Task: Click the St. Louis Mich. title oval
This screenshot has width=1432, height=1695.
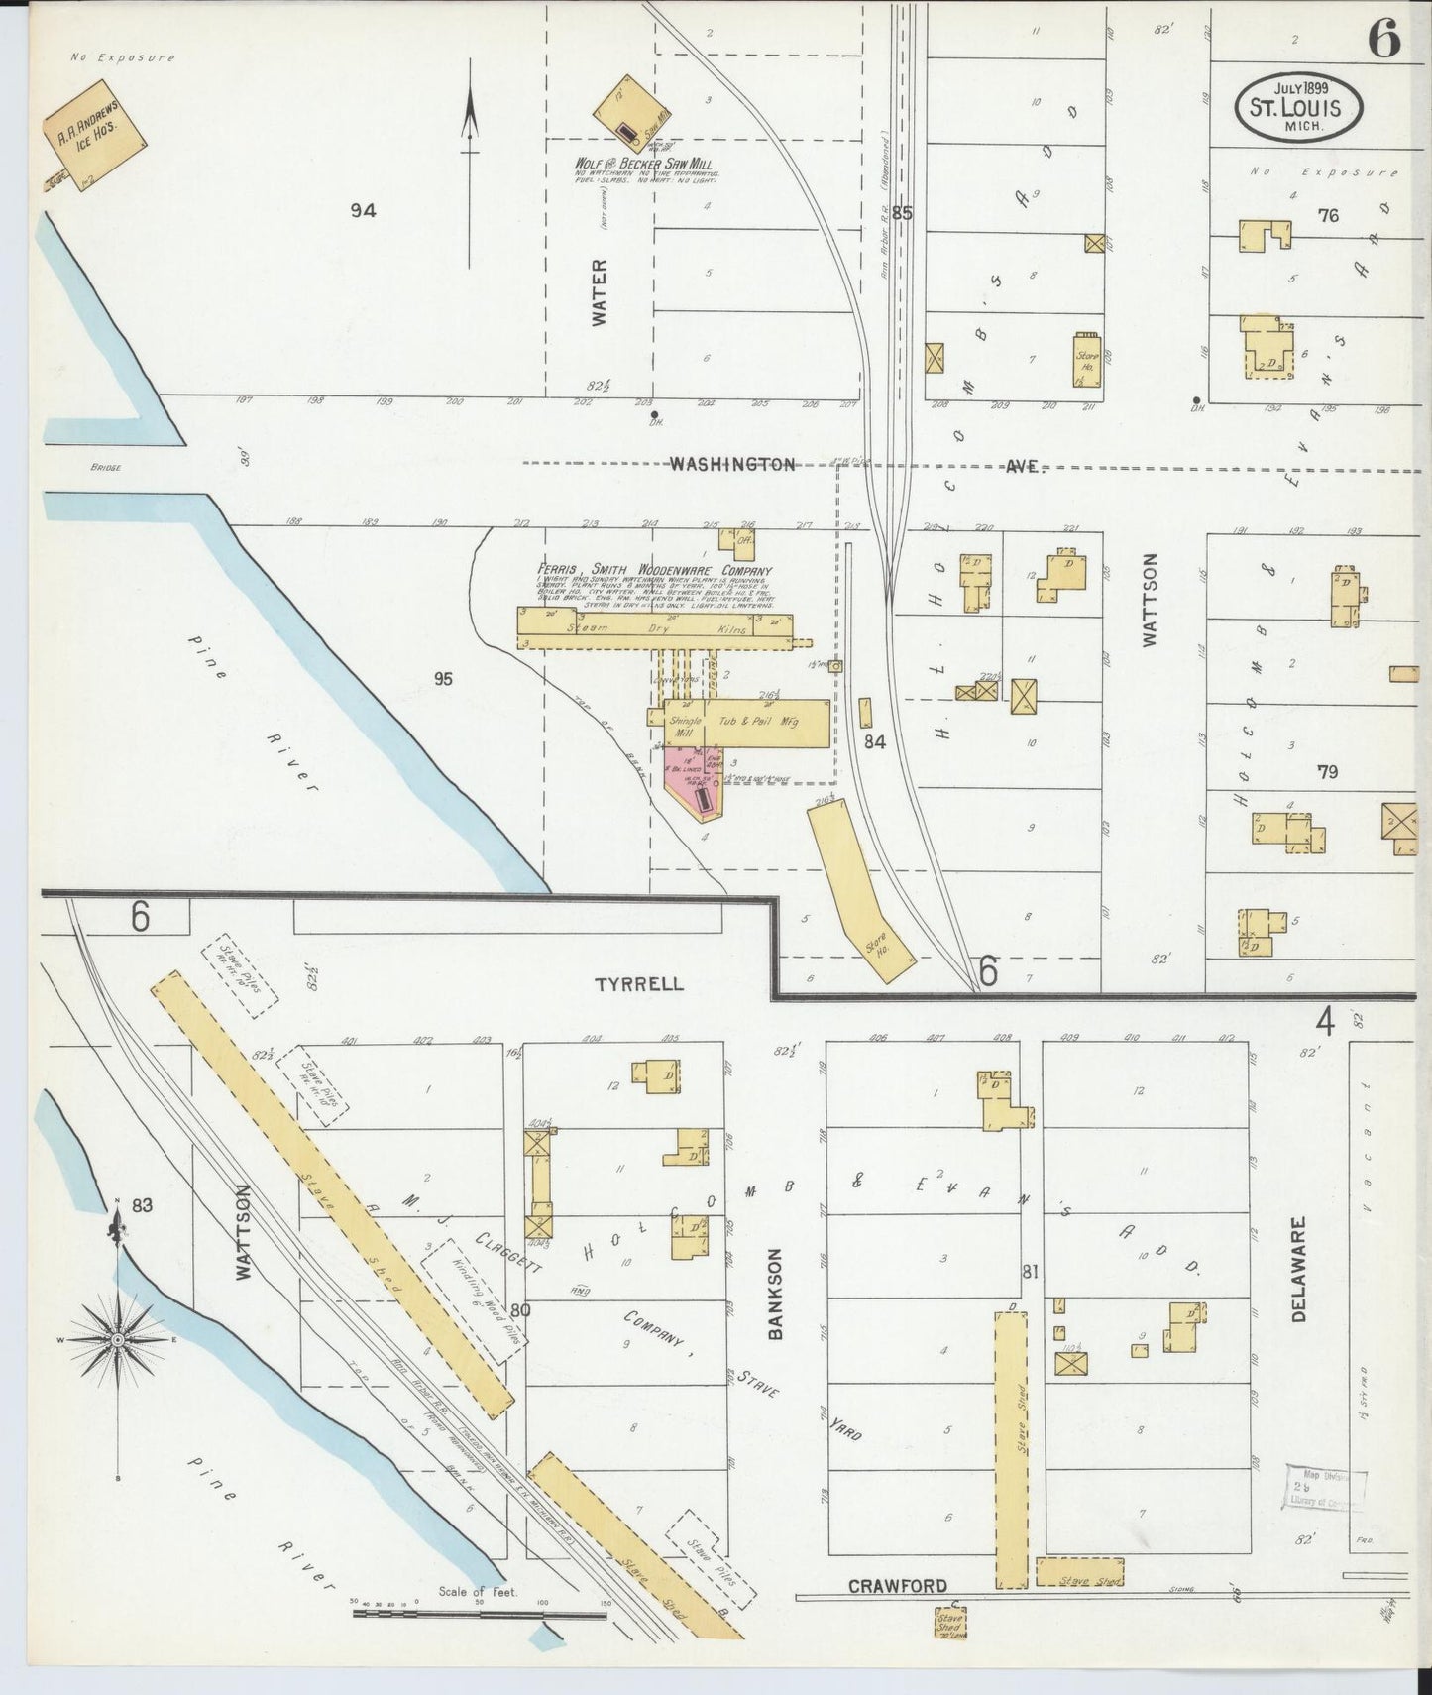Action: [1297, 104]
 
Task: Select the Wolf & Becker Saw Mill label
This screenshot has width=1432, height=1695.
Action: [643, 164]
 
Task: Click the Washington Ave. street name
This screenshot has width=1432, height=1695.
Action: [731, 464]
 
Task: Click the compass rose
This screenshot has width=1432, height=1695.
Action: [118, 1340]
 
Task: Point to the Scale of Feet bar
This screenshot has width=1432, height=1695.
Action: [480, 1613]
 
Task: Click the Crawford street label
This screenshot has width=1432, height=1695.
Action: [897, 1586]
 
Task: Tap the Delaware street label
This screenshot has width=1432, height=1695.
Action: [1301, 1270]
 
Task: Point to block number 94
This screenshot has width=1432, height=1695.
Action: [364, 210]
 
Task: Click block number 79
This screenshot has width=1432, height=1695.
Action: [1327, 772]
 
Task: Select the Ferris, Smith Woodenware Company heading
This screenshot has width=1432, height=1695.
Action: [654, 570]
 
